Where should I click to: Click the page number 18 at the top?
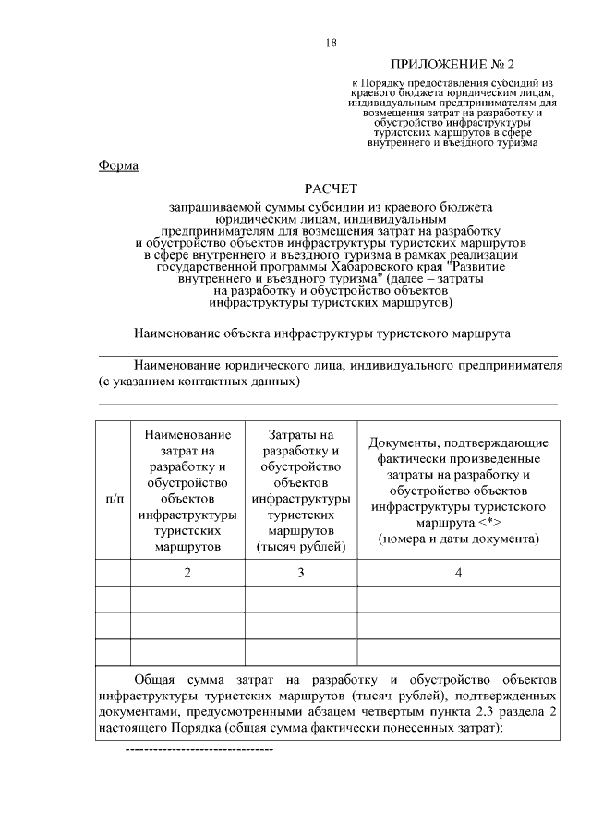click(x=332, y=42)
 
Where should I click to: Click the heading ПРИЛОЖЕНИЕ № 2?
click(x=452, y=66)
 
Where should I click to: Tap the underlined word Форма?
click(x=118, y=165)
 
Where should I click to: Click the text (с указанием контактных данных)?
click(x=199, y=381)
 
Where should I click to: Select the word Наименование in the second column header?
click(x=187, y=434)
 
